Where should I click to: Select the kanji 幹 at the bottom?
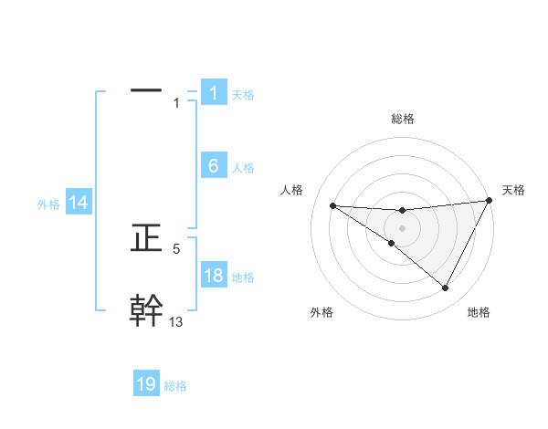(146, 309)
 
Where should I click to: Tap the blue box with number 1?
(213, 92)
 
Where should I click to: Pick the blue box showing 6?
(213, 165)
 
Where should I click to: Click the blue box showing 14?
(79, 203)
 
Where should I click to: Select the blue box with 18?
(213, 275)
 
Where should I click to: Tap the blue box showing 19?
(146, 384)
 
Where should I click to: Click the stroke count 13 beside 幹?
(176, 321)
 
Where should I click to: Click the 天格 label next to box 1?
(243, 94)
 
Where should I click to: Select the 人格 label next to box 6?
(243, 167)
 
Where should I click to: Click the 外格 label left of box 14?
(48, 204)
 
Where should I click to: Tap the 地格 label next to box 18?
(243, 277)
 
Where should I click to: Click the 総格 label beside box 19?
(175, 386)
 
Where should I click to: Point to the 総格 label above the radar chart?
(402, 119)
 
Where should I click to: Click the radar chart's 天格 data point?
(490, 201)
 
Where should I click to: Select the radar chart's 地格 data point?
(446, 288)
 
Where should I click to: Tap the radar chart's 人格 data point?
(332, 205)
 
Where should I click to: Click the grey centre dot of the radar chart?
(402, 227)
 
